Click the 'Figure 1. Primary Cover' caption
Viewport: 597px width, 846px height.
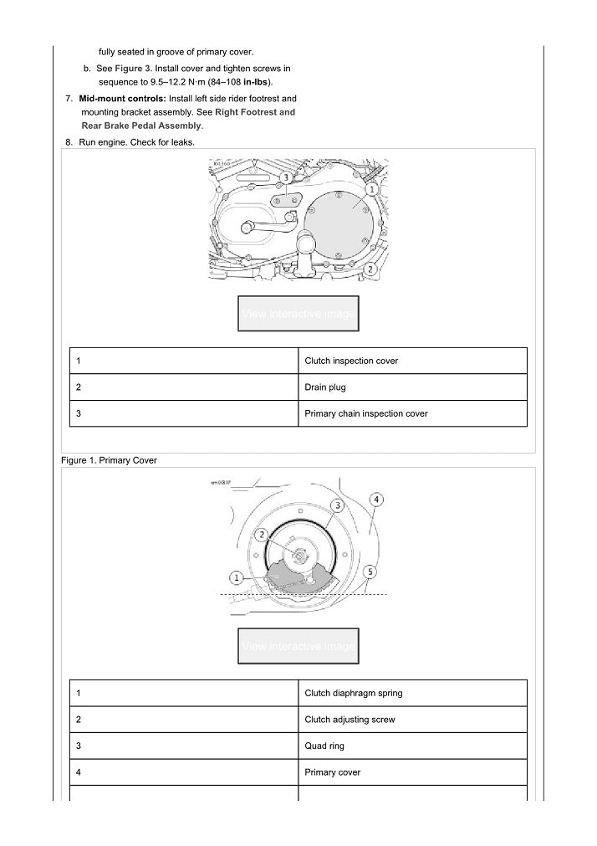click(x=109, y=460)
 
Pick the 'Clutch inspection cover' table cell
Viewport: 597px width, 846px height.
click(x=351, y=361)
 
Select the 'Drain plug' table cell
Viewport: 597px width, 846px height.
click(x=325, y=387)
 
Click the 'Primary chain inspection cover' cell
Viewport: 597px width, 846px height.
click(x=366, y=413)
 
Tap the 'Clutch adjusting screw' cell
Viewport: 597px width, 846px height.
click(x=350, y=720)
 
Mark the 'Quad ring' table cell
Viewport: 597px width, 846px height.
click(x=324, y=746)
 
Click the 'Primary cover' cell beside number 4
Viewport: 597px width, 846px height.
click(x=333, y=772)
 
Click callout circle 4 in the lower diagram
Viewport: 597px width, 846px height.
click(x=377, y=500)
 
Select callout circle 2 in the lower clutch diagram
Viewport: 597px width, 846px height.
click(x=262, y=535)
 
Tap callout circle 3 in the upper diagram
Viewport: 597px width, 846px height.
click(x=285, y=178)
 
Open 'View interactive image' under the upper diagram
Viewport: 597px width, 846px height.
click(x=298, y=314)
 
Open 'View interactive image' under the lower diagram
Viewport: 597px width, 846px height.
click(x=298, y=646)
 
